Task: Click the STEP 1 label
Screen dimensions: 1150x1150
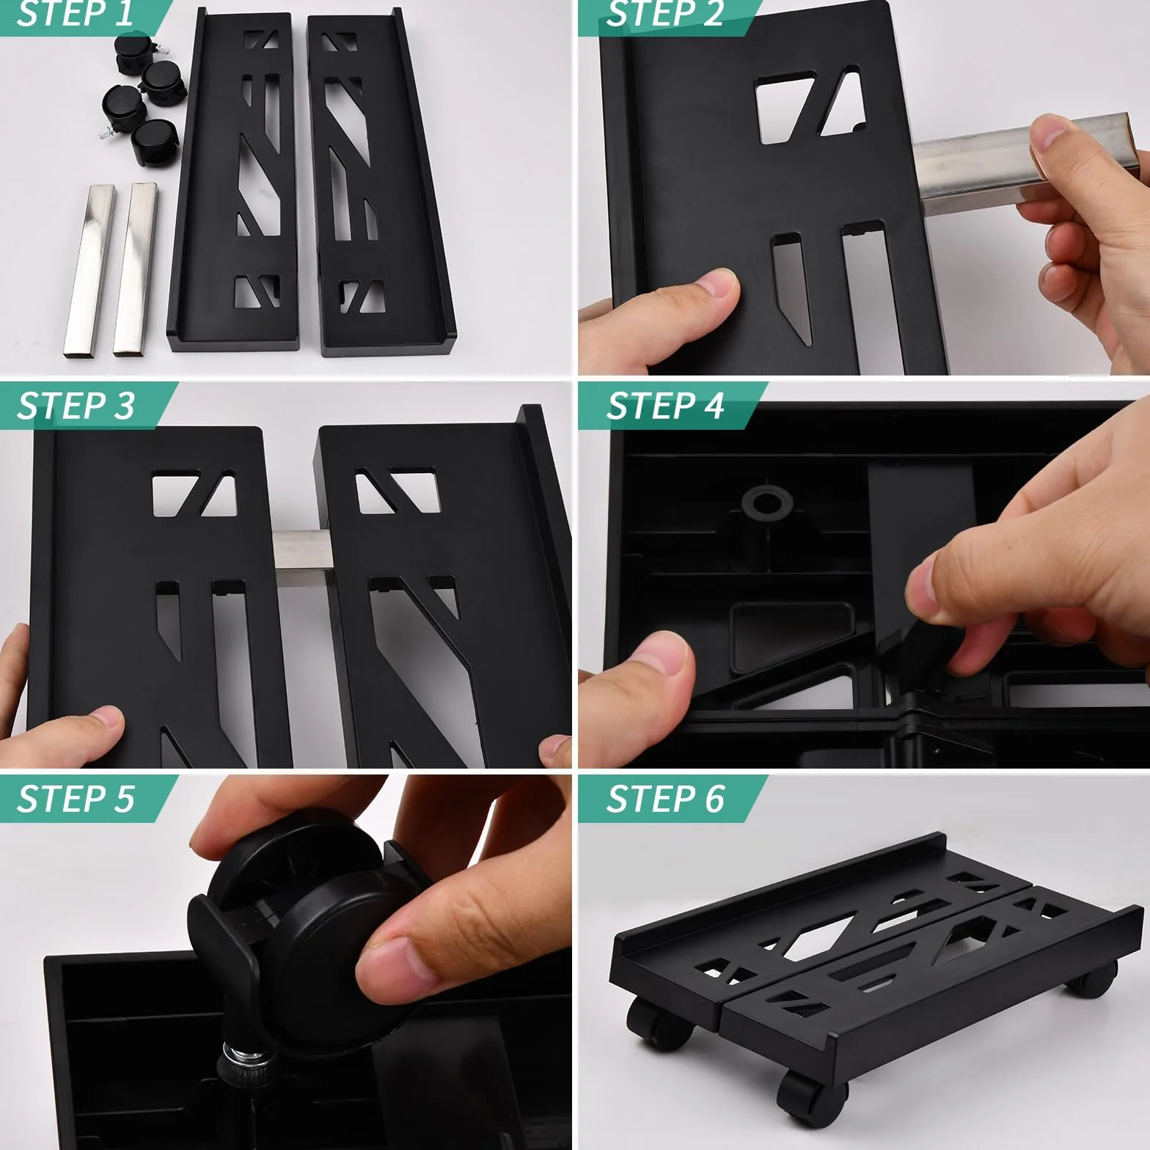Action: [x=74, y=14]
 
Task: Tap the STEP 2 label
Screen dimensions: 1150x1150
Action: [x=664, y=14]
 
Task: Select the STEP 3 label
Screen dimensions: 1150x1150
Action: [x=76, y=406]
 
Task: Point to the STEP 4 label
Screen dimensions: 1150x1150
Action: [x=665, y=406]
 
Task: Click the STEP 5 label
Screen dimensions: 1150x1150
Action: [x=76, y=799]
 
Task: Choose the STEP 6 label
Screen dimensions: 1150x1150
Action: [x=665, y=799]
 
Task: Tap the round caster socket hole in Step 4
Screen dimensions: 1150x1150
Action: [x=767, y=504]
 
